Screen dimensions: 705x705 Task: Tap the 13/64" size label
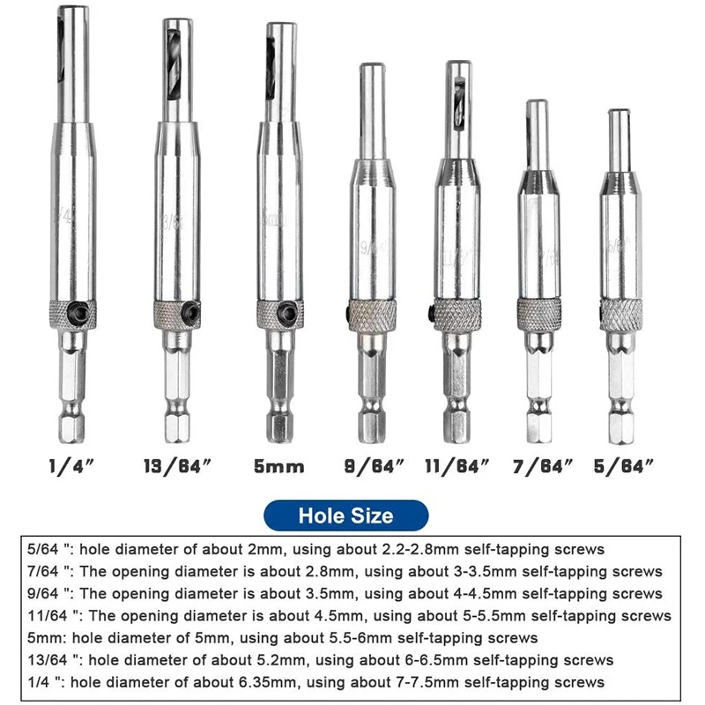(177, 465)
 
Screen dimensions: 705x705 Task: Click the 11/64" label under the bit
(458, 465)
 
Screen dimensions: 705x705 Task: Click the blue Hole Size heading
(346, 515)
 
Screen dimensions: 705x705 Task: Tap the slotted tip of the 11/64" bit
(458, 93)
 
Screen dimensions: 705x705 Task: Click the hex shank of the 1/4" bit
(71, 388)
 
